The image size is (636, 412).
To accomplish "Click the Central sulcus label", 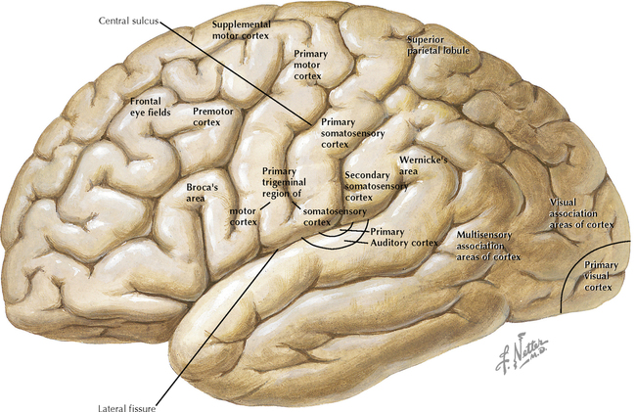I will point(128,20).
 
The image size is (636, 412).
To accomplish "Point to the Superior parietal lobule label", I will point(438,44).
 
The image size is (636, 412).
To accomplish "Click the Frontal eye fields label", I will point(150,106).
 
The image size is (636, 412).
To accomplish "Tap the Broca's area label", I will point(202,191).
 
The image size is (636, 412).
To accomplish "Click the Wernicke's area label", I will point(423,163).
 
